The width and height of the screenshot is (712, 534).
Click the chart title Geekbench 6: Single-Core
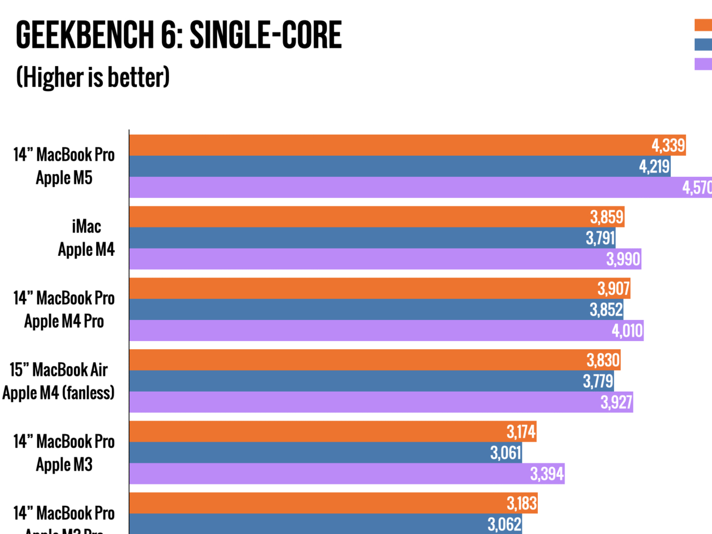pos(179,34)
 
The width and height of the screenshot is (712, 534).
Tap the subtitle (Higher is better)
pos(93,77)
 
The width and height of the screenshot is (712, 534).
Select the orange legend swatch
pos(703,25)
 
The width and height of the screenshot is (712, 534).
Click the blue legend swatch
pos(703,44)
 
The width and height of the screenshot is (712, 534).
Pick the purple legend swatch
pos(703,64)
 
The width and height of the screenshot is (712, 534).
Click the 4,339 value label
pos(668,146)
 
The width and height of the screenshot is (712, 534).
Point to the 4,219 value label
pos(654,166)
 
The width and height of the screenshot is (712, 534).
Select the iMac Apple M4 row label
pos(86,238)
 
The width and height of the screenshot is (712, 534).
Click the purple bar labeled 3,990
pos(385,259)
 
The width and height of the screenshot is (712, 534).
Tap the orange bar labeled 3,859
pos(377,217)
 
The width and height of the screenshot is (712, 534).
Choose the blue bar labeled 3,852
pos(376,310)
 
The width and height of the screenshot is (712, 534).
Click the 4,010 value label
pos(627,331)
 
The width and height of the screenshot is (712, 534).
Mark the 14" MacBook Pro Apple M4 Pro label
pos(64,310)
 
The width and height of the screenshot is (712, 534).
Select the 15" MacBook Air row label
pos(58,381)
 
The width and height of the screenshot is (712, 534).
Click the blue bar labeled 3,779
pos(371,381)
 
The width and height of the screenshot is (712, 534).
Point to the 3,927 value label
pos(616,402)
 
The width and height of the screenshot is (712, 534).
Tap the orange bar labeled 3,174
pos(333,432)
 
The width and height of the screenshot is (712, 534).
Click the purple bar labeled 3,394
pos(347,474)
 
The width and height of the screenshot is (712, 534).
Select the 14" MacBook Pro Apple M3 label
pos(64,453)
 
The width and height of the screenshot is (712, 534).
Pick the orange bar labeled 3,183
pos(333,503)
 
